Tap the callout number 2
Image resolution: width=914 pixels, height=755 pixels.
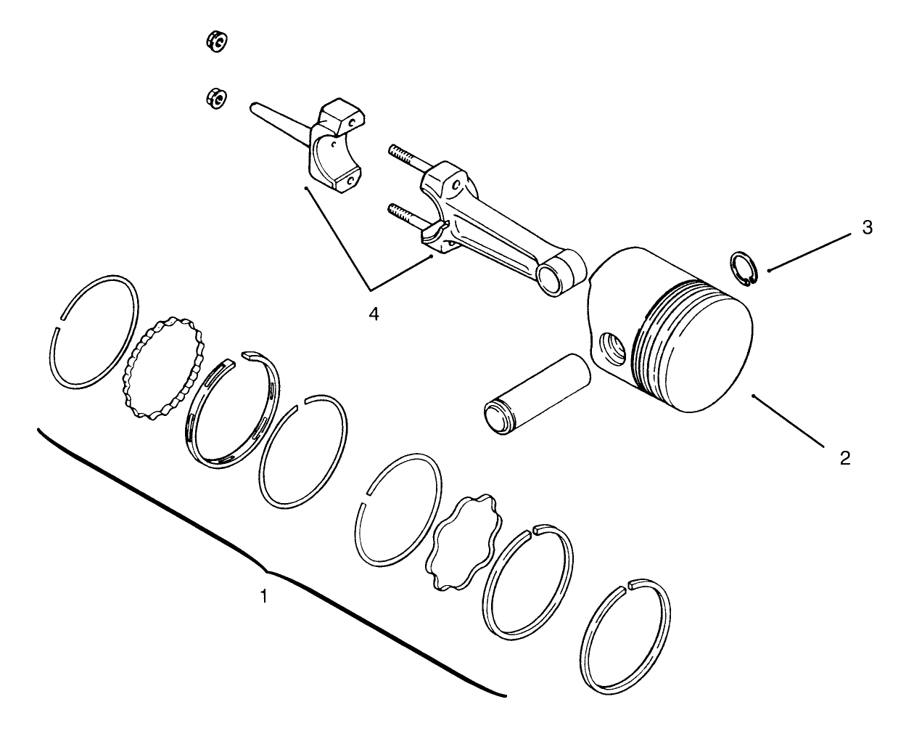(845, 457)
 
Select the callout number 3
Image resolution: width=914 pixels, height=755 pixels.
(867, 227)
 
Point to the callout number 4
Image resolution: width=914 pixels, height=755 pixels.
(374, 314)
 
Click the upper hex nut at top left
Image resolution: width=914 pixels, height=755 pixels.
(216, 43)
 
